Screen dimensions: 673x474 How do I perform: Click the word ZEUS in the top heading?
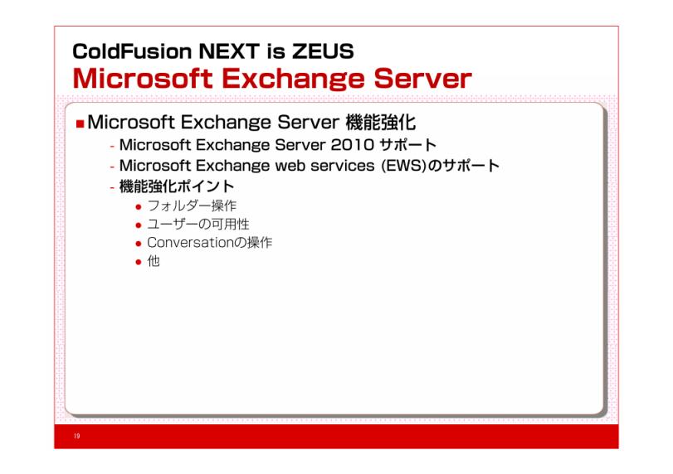(x=323, y=51)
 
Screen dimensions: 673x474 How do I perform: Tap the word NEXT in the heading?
(x=229, y=51)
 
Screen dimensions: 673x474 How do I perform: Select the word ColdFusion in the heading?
(x=132, y=51)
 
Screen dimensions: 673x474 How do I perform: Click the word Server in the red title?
(x=422, y=79)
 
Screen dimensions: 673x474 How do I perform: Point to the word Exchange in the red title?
(x=294, y=80)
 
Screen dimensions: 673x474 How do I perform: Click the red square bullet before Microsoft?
(x=80, y=123)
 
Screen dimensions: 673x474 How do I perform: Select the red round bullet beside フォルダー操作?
(x=139, y=207)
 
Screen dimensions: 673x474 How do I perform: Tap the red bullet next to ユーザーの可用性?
(x=139, y=225)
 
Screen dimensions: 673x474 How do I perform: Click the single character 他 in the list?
(x=154, y=261)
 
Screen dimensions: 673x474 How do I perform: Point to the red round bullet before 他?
(x=139, y=262)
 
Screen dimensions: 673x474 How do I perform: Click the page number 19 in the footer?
(x=77, y=436)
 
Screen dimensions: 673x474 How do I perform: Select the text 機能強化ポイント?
(x=177, y=186)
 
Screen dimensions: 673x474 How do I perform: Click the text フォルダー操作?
(x=192, y=206)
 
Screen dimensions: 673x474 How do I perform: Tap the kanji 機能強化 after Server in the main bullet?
(x=380, y=123)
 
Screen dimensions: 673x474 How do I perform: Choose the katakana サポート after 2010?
(x=407, y=145)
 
